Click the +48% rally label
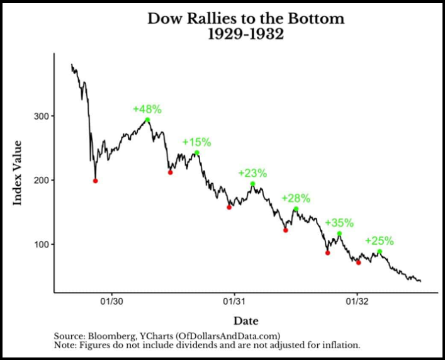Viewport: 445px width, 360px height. [147, 109]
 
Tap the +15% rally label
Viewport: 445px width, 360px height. [196, 142]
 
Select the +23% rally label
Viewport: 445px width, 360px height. [252, 173]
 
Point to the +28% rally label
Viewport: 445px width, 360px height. [296, 198]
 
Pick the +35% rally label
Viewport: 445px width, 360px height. [339, 223]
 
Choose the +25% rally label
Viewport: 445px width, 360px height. [379, 240]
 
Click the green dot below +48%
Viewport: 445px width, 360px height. [147, 120]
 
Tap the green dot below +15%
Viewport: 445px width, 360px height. [197, 153]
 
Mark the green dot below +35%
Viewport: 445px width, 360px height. [339, 233]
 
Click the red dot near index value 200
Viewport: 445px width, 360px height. [96, 181]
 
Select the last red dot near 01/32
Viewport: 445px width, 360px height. [359, 262]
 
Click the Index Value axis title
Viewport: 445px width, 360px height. [18, 172]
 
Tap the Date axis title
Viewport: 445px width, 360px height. [246, 321]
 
